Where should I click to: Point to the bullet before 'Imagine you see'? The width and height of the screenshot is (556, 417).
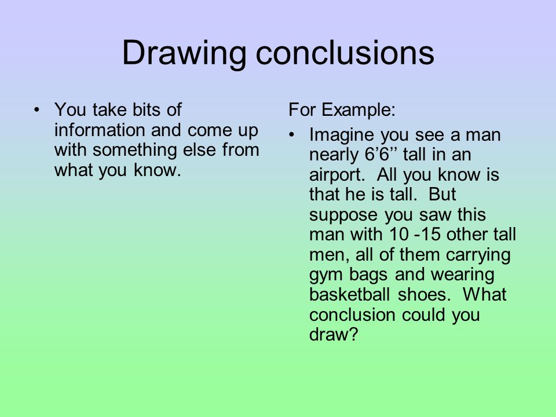coord(293,136)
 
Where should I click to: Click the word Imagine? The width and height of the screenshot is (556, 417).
coord(342,136)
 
